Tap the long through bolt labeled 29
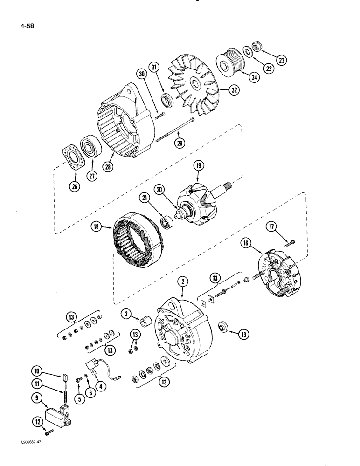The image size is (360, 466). tap(174, 130)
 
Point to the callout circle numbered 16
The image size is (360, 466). tap(246, 242)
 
